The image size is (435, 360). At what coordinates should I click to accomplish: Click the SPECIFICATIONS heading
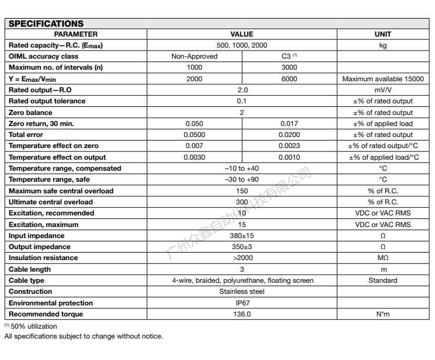45,24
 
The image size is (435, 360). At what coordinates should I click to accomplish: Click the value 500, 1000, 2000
242,45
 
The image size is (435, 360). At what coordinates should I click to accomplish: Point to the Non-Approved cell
194,56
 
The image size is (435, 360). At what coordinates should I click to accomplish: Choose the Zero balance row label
30,112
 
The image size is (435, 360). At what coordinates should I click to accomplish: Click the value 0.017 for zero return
289,124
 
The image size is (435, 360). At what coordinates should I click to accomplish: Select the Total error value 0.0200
289,135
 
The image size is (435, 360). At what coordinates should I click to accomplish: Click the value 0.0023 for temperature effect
289,146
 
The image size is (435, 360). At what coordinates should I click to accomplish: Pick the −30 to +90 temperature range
242,179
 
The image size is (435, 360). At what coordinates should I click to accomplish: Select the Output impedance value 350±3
242,246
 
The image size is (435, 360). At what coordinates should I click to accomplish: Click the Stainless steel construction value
242,291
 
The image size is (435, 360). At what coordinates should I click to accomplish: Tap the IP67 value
242,303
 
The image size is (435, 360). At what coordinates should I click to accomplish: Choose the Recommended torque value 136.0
242,314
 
